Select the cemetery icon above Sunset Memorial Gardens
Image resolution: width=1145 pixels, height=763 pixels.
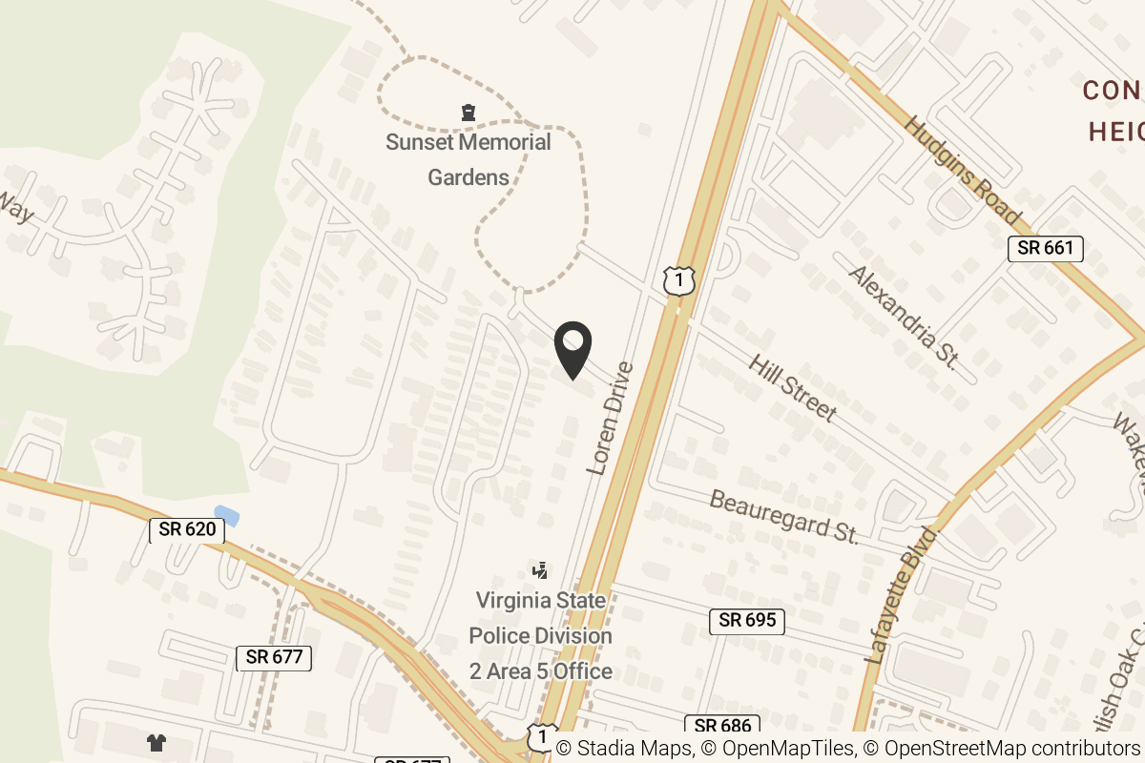coord(468,113)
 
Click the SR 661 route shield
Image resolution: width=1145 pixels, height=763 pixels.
coord(1046,249)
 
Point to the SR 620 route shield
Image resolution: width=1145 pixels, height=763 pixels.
coord(187,528)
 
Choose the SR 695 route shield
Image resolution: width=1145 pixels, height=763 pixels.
coord(747,621)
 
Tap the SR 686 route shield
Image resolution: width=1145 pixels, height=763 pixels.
coord(722,727)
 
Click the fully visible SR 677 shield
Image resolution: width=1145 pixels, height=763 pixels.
coord(274,657)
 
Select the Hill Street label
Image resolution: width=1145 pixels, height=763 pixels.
coord(792,388)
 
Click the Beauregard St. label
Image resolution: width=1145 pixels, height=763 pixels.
coord(784,516)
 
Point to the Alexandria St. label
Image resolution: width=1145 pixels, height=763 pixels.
coord(903,318)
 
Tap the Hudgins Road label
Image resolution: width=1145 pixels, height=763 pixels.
coord(962,171)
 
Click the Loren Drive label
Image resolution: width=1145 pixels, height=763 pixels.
coord(609,418)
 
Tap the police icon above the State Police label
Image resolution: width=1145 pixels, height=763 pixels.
coord(540,570)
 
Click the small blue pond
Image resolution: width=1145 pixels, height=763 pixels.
coord(227,516)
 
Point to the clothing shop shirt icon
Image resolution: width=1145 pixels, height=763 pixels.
coord(156,742)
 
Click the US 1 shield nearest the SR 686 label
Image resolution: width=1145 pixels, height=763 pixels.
coord(541,736)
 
